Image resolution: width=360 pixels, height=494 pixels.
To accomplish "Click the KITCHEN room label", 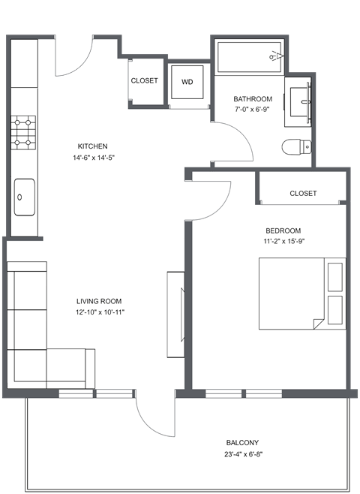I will click(93, 146).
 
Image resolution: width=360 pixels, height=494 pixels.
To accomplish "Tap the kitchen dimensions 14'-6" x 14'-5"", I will click(93, 158).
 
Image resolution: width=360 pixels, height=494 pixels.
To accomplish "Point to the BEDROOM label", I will click(283, 230).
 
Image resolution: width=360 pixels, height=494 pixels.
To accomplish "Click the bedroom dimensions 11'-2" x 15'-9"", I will click(283, 242).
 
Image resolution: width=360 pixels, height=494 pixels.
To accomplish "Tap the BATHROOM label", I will click(253, 99).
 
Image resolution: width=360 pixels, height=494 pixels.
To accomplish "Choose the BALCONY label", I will click(244, 443).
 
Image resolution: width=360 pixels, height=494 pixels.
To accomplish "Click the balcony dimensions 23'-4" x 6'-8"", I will click(244, 454).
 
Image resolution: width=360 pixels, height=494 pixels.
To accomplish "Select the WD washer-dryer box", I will click(187, 82).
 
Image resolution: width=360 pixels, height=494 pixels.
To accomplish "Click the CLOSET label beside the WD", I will click(144, 80).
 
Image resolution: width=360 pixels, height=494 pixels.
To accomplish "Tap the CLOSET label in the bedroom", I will click(303, 193).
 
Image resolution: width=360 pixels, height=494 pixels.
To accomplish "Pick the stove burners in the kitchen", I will click(24, 131).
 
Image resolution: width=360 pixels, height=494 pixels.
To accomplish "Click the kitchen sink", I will click(24, 197).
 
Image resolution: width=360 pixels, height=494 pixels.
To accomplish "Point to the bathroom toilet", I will click(294, 147).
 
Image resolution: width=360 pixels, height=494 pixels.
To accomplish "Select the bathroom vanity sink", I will click(300, 102).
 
